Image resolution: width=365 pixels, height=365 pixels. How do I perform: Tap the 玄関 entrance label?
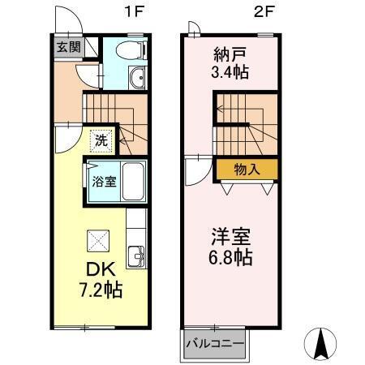(67, 47)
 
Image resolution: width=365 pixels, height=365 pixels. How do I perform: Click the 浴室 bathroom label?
(101, 181)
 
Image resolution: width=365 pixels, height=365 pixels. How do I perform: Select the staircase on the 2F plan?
(245, 118)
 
